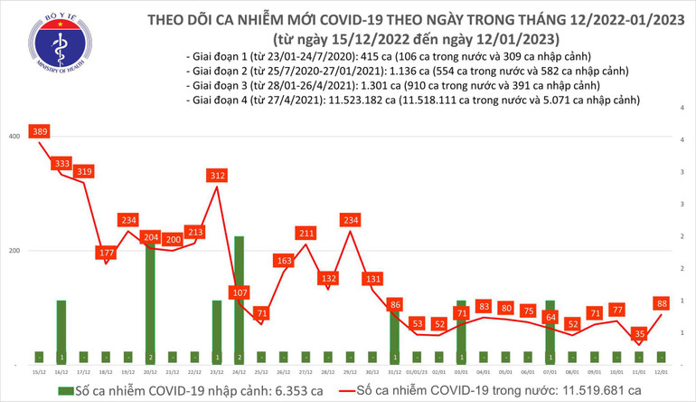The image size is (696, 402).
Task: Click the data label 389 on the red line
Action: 40,132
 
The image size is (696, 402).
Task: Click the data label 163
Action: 283,261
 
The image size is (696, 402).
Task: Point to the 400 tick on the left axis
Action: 14,136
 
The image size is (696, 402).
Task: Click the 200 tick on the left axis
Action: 14,250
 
